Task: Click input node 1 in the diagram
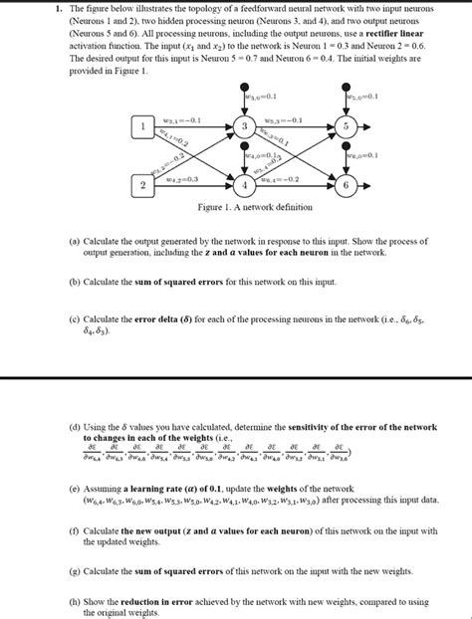click(x=142, y=127)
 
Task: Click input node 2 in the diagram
click(x=142, y=185)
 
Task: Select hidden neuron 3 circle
click(x=246, y=127)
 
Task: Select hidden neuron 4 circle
click(x=246, y=186)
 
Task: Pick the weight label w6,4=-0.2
click(x=283, y=178)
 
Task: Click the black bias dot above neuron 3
click(x=246, y=89)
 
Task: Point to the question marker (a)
click(x=75, y=241)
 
